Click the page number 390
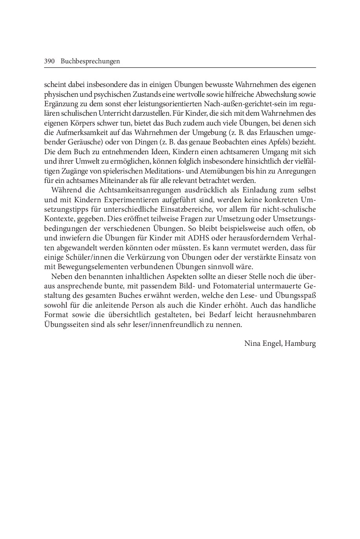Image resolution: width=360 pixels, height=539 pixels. [49, 61]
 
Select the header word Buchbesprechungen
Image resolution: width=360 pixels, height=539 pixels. [90, 61]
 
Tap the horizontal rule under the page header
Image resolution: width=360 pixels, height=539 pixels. [180, 68]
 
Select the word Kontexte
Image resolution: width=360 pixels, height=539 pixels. [58, 219]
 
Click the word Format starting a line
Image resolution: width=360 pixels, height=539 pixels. [56, 315]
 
